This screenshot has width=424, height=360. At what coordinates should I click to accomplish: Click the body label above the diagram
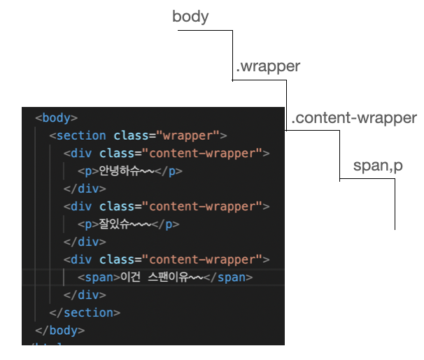coord(190,17)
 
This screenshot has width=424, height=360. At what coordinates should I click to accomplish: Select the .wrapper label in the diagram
coord(268,67)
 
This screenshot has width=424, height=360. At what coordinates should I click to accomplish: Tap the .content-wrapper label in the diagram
coord(353,118)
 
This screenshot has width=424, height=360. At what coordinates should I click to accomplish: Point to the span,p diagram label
coord(378,167)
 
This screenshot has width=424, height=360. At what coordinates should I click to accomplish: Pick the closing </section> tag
coord(85,312)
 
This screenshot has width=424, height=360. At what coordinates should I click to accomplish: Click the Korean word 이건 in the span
coord(130,278)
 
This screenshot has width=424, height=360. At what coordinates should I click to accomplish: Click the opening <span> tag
coord(99,278)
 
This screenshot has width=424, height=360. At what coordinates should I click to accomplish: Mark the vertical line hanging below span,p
coord(395,206)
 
